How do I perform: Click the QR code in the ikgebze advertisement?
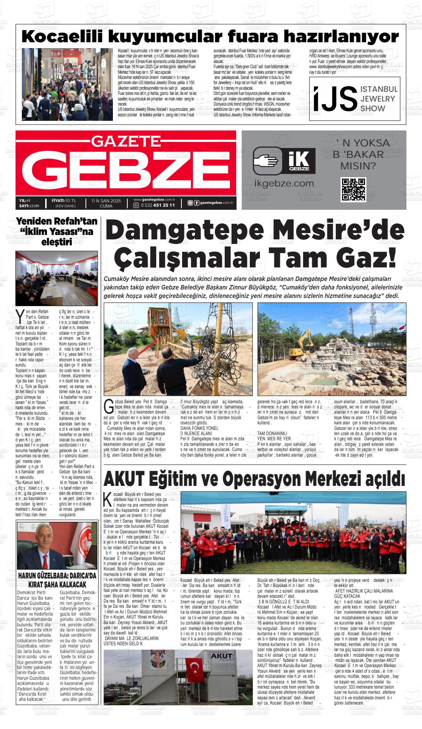coord(354,189)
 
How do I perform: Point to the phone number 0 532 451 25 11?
coord(157,205)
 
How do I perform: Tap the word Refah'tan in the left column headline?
coord(76,222)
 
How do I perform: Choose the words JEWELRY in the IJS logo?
coord(378,99)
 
